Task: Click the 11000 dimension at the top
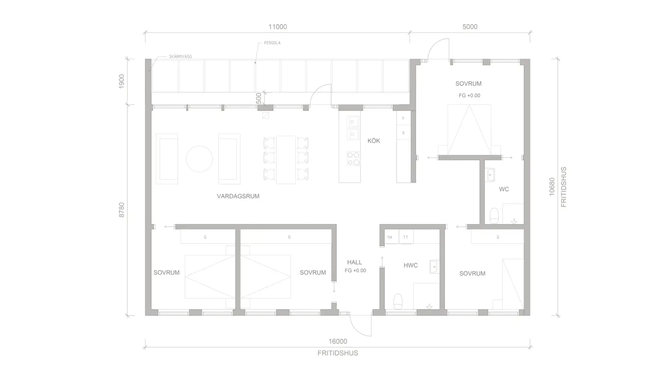click(x=277, y=27)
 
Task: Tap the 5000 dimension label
click(x=470, y=27)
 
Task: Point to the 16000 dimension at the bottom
click(x=338, y=341)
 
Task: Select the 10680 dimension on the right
click(x=552, y=187)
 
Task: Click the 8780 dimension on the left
click(x=122, y=210)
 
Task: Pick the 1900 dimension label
click(x=122, y=81)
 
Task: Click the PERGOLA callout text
click(x=272, y=43)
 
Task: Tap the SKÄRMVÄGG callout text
click(x=180, y=57)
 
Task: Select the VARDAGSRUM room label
click(x=238, y=196)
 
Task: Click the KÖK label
click(x=374, y=141)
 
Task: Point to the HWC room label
click(x=411, y=265)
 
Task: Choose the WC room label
click(x=504, y=189)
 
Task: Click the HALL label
click(x=354, y=262)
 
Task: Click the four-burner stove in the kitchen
click(x=353, y=158)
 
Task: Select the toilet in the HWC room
click(x=398, y=301)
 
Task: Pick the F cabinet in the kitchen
click(x=403, y=118)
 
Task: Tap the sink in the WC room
click(x=490, y=175)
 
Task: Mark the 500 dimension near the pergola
click(x=259, y=98)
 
